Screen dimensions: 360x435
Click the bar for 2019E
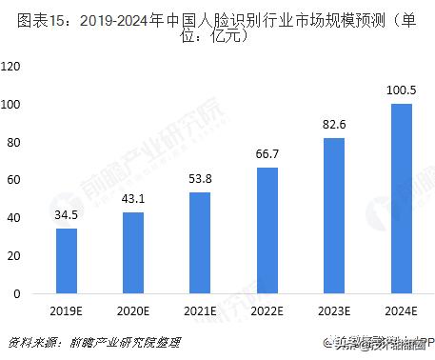pyautogui.click(x=68, y=261)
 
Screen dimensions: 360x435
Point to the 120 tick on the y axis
pyautogui.click(x=13, y=67)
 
